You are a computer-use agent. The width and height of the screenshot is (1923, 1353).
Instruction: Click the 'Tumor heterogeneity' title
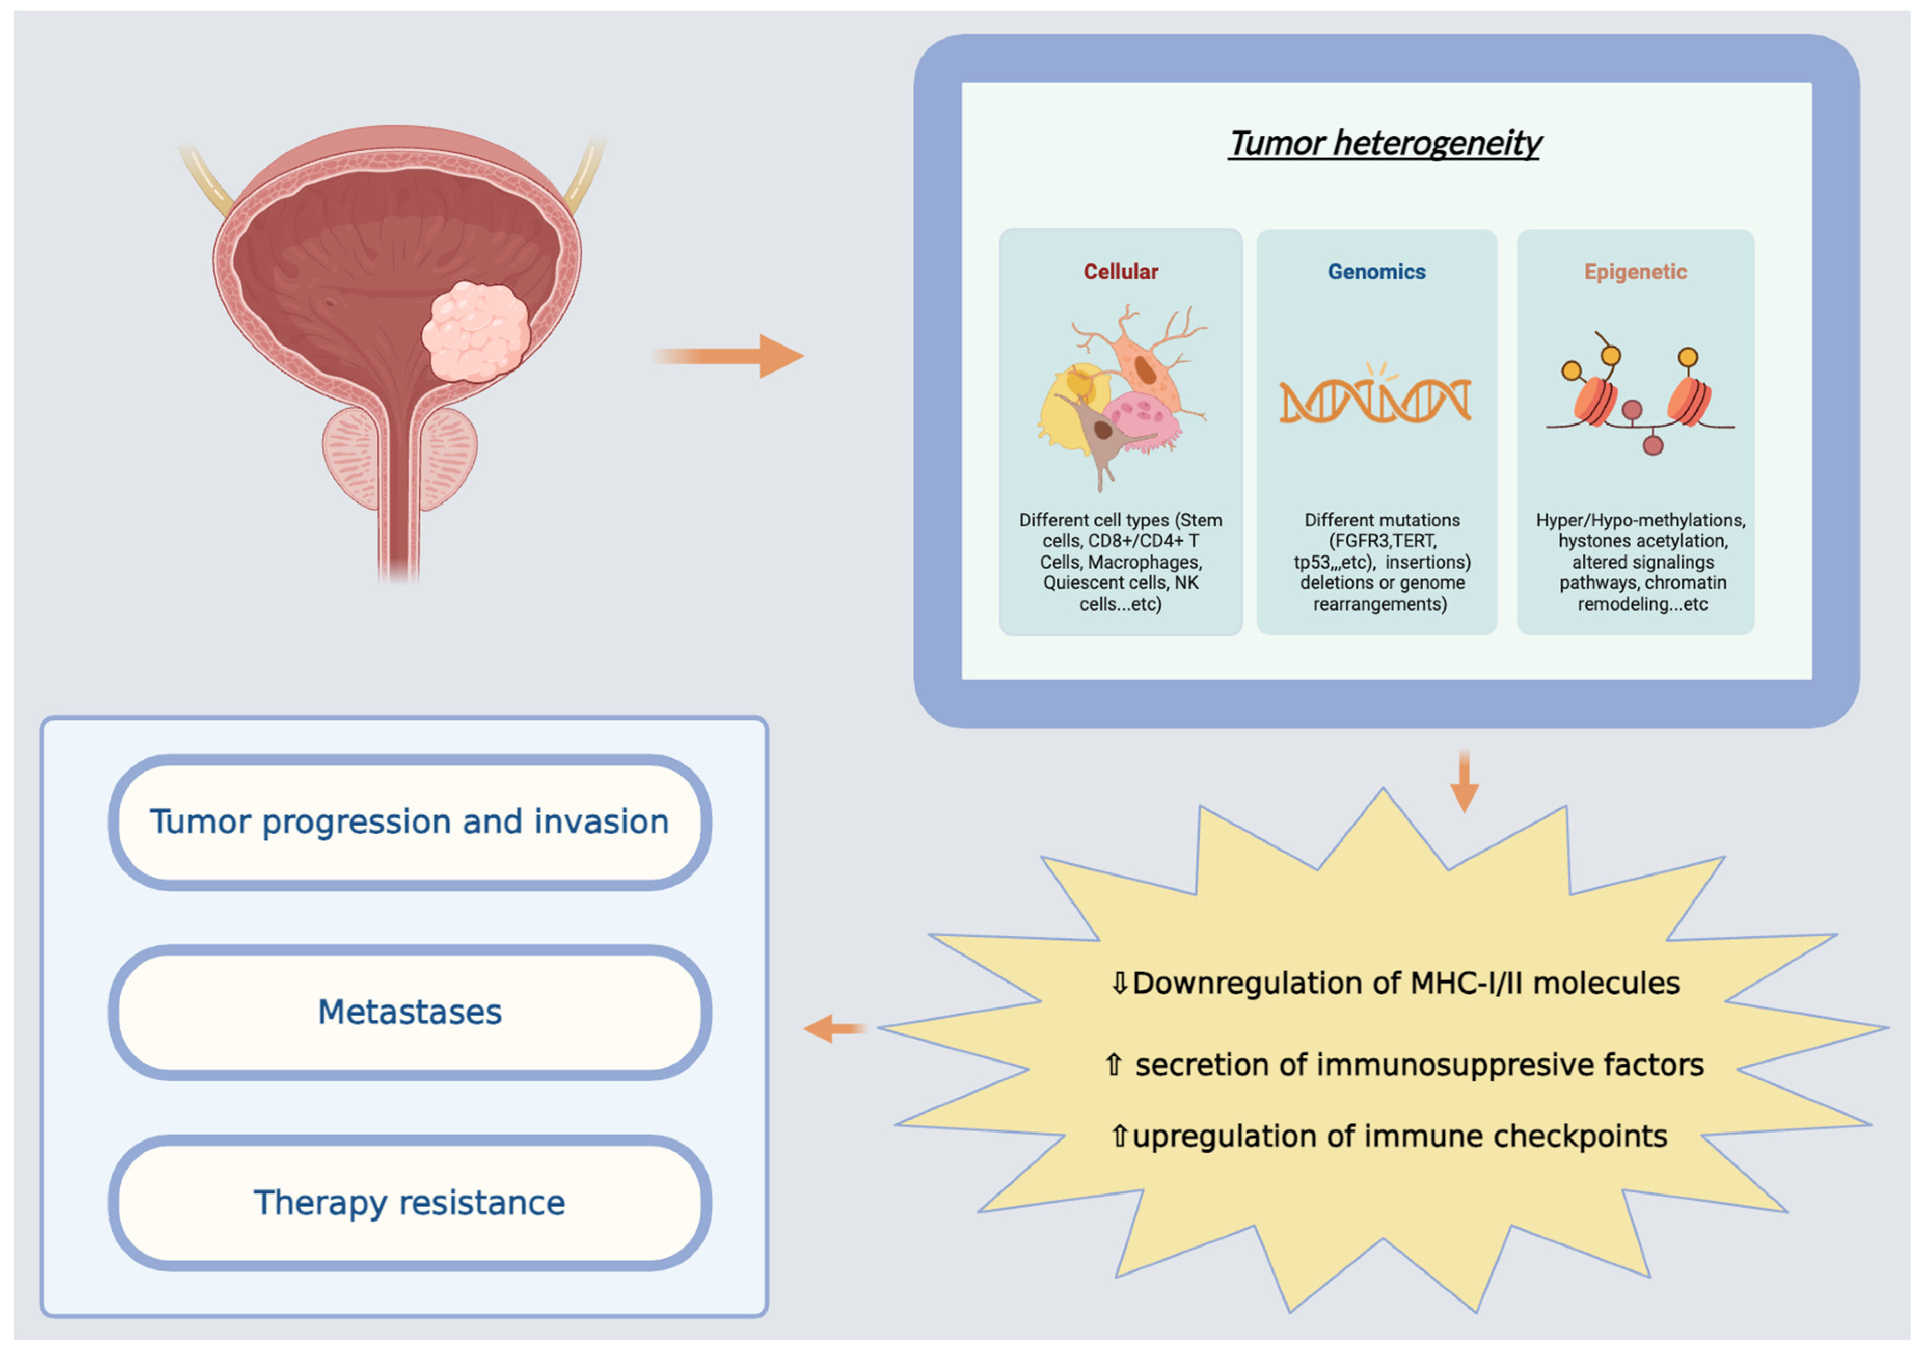pos(1385,143)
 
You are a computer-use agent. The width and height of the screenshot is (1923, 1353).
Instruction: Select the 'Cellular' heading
pos(1121,272)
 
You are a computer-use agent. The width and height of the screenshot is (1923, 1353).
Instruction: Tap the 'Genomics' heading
pos(1376,272)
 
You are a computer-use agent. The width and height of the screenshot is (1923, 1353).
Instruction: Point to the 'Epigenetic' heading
pos(1635,272)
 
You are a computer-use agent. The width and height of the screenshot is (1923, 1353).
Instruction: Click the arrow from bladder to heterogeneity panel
pos(728,356)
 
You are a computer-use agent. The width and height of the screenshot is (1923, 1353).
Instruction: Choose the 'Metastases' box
pos(410,1012)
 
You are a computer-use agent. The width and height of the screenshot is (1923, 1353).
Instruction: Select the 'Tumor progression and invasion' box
pos(410,822)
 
